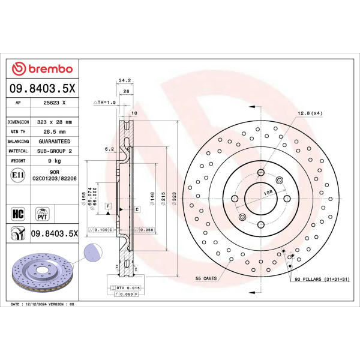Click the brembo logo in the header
click(42, 68)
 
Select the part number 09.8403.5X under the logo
click(42, 88)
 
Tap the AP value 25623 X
click(55, 103)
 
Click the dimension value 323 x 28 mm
click(55, 122)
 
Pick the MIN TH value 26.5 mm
click(55, 132)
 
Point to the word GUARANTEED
click(55, 142)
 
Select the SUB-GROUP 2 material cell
click(55, 151)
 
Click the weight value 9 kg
click(55, 161)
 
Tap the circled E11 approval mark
click(18, 175)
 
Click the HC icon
click(18, 214)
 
